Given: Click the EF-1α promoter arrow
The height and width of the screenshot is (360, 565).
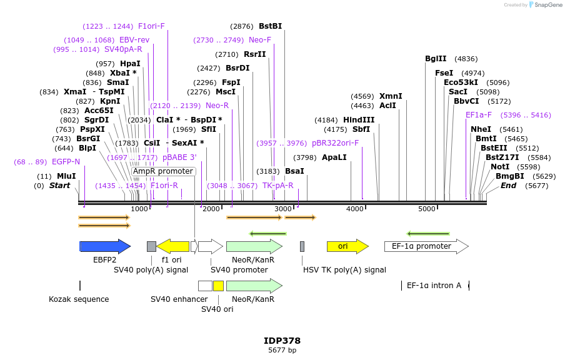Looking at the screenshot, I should (426, 246).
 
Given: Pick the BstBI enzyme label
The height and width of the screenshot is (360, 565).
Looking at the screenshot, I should (270, 26).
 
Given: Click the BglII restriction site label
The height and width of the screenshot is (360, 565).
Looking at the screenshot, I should (436, 59).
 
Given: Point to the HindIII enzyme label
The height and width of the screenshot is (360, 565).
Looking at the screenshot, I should (359, 120).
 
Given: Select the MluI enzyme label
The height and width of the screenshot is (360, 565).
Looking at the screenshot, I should (66, 176).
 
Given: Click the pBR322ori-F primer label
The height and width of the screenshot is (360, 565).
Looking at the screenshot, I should (336, 143).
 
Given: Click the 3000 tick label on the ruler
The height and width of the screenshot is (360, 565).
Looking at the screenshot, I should (283, 209).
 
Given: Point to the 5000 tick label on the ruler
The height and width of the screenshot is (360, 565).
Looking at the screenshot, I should (427, 209).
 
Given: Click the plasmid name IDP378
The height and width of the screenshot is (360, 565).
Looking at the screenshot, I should (282, 341).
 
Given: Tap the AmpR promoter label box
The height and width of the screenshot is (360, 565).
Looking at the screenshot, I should (163, 171).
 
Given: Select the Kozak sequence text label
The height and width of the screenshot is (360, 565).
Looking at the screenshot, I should (79, 299).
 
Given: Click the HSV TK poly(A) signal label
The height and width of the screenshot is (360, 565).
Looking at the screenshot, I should (344, 270).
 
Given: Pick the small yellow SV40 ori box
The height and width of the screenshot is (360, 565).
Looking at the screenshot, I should (218, 286).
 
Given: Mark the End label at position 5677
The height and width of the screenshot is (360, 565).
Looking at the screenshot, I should (508, 186).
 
